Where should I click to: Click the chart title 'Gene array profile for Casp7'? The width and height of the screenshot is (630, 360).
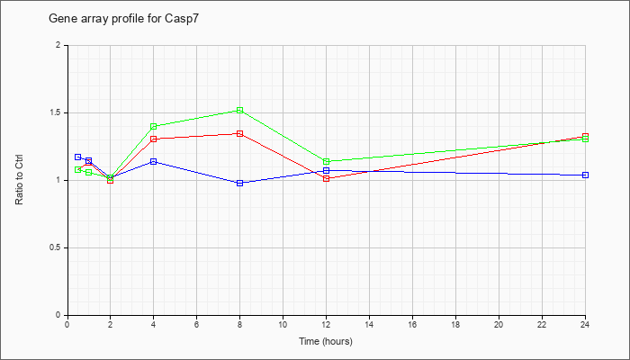pyautogui.click(x=123, y=19)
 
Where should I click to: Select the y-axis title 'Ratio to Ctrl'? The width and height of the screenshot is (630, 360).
pyautogui.click(x=19, y=180)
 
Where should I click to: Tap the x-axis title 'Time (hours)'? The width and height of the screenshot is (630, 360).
pyautogui.click(x=326, y=341)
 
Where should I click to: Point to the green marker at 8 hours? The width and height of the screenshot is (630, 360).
pyautogui.click(x=240, y=110)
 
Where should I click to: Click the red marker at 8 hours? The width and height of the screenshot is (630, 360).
pyautogui.click(x=240, y=133)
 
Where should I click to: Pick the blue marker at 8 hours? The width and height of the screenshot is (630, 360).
pyautogui.click(x=240, y=183)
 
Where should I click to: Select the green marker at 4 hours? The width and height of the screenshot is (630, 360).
pyautogui.click(x=153, y=126)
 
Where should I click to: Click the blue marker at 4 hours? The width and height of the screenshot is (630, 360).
pyautogui.click(x=153, y=161)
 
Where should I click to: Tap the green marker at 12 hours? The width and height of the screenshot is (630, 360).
pyautogui.click(x=326, y=161)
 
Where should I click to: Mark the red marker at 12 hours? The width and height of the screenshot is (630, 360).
pyautogui.click(x=326, y=178)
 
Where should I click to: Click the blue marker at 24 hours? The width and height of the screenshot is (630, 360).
pyautogui.click(x=585, y=175)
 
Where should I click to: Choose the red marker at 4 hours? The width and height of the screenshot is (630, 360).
pyautogui.click(x=153, y=139)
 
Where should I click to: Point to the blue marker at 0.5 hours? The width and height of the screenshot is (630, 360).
pyautogui.click(x=78, y=157)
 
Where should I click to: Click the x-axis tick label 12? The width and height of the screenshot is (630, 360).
pyautogui.click(x=326, y=324)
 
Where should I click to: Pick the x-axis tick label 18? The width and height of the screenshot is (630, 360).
pyautogui.click(x=455, y=324)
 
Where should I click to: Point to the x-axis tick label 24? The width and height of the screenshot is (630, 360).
pyautogui.click(x=585, y=324)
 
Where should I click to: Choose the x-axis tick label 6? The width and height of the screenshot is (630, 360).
pyautogui.click(x=196, y=324)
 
